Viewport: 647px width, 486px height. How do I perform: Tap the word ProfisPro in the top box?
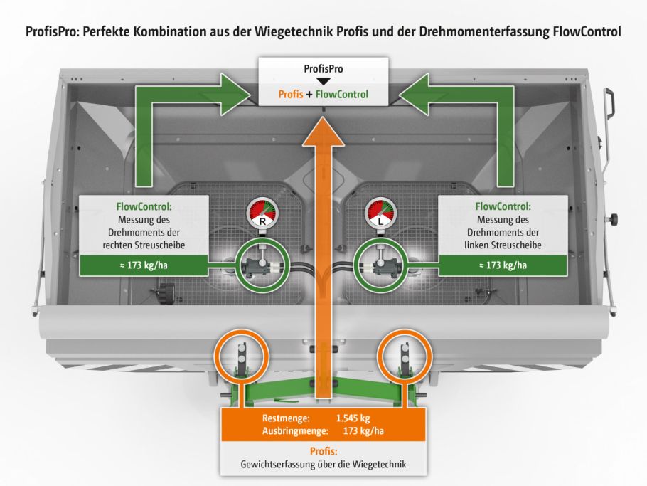(x=323, y=70)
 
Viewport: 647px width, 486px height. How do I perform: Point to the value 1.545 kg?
(x=353, y=418)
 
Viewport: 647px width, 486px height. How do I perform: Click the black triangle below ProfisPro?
(x=323, y=81)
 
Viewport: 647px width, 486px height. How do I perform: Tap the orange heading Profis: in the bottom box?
(x=324, y=451)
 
